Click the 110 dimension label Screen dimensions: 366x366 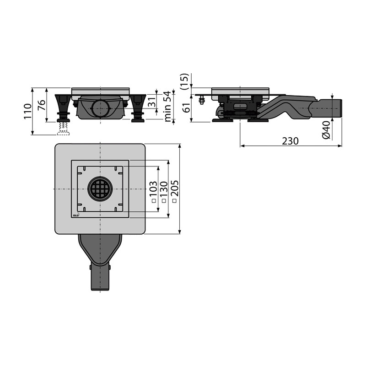tap(28, 111)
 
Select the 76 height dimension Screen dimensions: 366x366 tap(42, 105)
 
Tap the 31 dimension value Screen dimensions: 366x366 tap(152, 102)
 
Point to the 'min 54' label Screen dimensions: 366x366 tap(168, 106)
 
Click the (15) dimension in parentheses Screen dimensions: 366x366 tap(185, 81)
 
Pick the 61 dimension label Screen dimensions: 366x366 tap(187, 108)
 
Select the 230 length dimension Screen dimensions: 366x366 tap(290, 141)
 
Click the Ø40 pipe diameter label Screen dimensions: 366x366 tap(326, 130)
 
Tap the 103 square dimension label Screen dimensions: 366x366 tap(153, 189)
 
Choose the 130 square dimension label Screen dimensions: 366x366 tap(164, 189)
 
